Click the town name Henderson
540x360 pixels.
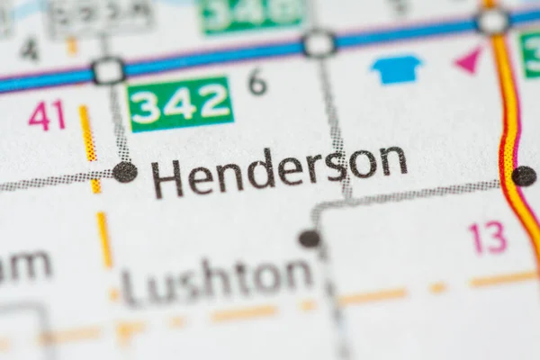(x=279, y=170)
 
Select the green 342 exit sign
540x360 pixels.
(x=180, y=103)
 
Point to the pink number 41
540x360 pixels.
(x=47, y=115)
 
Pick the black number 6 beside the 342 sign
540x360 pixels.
(x=257, y=84)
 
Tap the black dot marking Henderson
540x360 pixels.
(x=125, y=172)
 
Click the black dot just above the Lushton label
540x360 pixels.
(x=309, y=238)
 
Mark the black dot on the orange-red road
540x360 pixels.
(x=524, y=175)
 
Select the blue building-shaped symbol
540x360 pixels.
(x=397, y=68)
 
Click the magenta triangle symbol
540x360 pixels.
(x=469, y=60)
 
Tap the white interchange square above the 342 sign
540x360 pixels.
(x=109, y=70)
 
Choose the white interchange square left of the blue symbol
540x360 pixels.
(x=319, y=44)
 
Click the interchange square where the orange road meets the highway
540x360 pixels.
(x=492, y=22)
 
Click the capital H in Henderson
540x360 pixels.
(x=166, y=179)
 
